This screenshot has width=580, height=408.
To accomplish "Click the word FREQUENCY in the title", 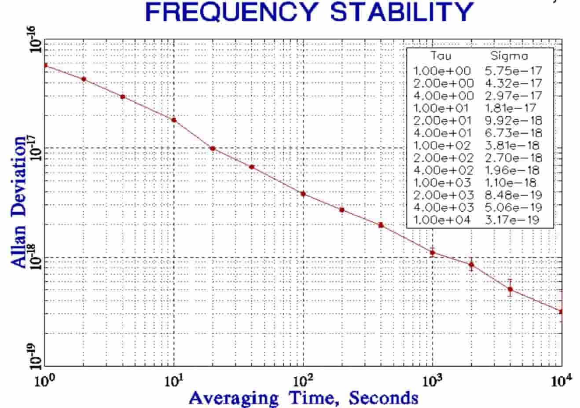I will tap(233, 12).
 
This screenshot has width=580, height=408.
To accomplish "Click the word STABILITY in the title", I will tap(401, 12).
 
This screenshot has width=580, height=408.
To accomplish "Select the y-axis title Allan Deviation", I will tap(19, 202).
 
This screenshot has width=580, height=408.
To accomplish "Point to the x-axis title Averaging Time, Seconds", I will tap(304, 397).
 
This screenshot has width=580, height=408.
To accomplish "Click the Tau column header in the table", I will tap(441, 56).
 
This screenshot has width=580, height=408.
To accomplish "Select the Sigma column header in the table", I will tap(509, 56).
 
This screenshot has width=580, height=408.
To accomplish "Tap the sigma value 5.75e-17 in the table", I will tap(513, 71).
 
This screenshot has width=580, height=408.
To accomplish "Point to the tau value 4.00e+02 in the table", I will tap(444, 170).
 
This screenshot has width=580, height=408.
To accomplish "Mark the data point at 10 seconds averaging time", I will tap(174, 120).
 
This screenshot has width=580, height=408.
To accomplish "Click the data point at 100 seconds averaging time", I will tap(303, 194).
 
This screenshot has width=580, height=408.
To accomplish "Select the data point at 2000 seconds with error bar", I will tap(471, 265).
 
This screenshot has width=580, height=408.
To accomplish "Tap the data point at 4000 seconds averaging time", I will tap(510, 289).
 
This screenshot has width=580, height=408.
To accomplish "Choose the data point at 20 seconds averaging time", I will tap(213, 148).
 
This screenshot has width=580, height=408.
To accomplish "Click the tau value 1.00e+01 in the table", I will tap(441, 108).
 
